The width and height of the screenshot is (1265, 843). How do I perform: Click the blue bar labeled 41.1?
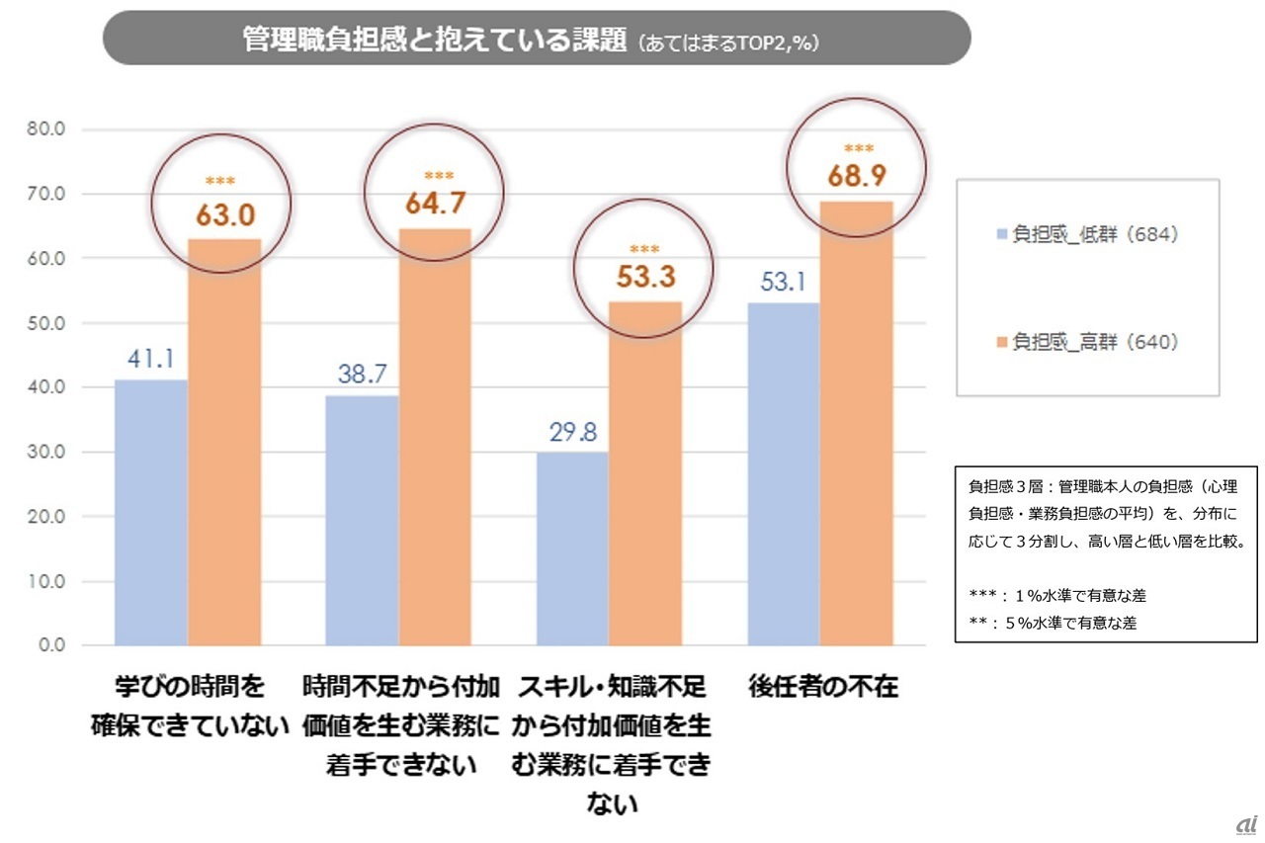pos(151,512)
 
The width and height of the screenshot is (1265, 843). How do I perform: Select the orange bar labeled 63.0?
pos(224,442)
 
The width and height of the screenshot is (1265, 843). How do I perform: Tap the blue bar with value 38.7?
pos(362,520)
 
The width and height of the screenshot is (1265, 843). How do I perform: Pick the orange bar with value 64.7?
pos(435,437)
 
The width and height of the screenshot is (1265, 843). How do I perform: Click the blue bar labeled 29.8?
pos(572,548)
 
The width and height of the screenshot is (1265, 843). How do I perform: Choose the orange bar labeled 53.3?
pos(645,473)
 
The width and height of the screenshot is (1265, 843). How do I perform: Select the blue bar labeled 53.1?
pos(784,473)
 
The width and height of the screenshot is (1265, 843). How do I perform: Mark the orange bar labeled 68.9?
pos(857,423)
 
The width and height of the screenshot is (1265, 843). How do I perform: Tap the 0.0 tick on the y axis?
pos(50,645)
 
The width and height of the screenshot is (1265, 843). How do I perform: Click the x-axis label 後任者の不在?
pos(823,687)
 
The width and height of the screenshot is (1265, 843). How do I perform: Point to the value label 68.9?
pos(857,176)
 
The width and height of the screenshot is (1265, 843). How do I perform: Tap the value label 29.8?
pos(572,432)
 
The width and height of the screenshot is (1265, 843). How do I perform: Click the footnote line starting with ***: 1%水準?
pos(1057,595)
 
